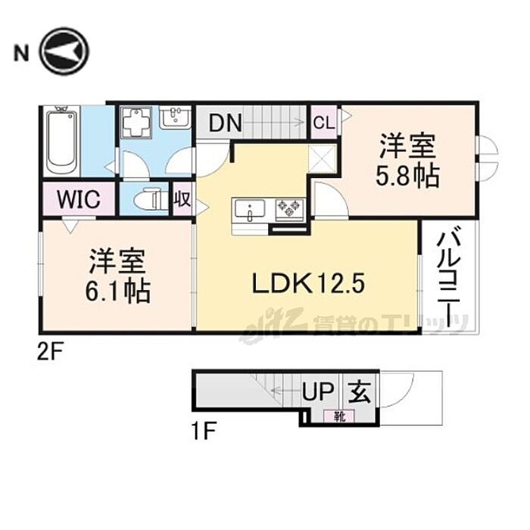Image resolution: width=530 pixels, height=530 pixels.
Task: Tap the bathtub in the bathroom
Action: pos(61,142)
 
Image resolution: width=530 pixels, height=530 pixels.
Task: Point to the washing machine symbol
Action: pos(138,123)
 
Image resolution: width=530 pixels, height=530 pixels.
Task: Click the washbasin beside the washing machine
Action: pos(175,118)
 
